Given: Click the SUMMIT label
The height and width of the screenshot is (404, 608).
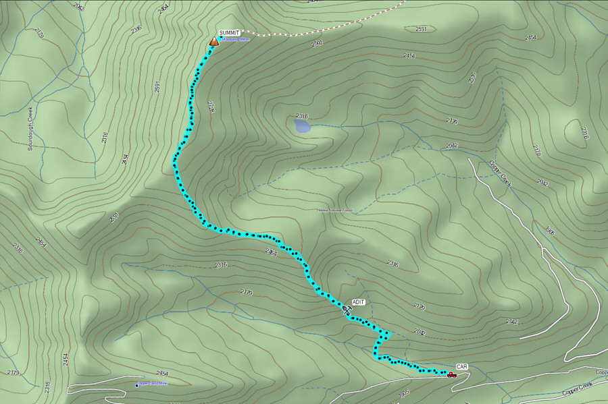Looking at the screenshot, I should pos(229,32).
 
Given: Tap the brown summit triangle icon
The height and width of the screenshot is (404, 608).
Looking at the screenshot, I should pos(213,41).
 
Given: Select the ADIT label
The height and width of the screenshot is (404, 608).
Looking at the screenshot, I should pos(358,302).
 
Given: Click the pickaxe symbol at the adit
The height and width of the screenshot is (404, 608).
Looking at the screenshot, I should pos(347,310).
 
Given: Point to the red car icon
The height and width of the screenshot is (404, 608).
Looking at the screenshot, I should pos(451,374).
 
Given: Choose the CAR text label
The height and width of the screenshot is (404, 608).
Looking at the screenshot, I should pos(462,366).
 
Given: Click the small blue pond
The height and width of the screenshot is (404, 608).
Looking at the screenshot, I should pos(303,125).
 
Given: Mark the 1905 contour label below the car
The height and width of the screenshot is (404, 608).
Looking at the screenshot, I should pos(405,392).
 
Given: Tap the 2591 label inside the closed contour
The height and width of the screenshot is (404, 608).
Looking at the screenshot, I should pos(421,29).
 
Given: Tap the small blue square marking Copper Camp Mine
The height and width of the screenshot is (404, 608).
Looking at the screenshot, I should pos(137,385).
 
